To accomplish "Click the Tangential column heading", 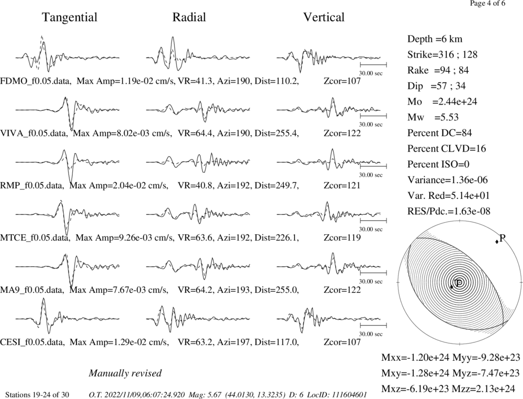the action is tap(70, 17).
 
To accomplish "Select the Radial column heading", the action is tap(189, 17).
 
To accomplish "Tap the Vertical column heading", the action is tap(324, 17).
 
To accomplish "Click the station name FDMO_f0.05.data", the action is tap(36, 81).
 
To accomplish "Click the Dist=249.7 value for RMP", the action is tap(277, 186).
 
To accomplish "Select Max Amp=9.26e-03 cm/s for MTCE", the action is tap(124, 238).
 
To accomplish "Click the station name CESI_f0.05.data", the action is tap(32, 342).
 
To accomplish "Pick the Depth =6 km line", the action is tap(435, 39).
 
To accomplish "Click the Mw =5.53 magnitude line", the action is tap(433, 118).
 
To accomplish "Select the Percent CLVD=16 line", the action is tap(447, 149).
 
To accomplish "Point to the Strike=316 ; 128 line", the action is tap(442, 55).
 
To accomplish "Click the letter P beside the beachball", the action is tap(503, 238).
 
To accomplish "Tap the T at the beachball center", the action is tap(459, 282).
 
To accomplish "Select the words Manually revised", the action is tap(125, 373).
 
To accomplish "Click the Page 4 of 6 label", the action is tap(487, 4).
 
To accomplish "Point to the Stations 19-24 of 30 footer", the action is tap(37, 395).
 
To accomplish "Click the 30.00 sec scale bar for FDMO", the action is tap(373, 65).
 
